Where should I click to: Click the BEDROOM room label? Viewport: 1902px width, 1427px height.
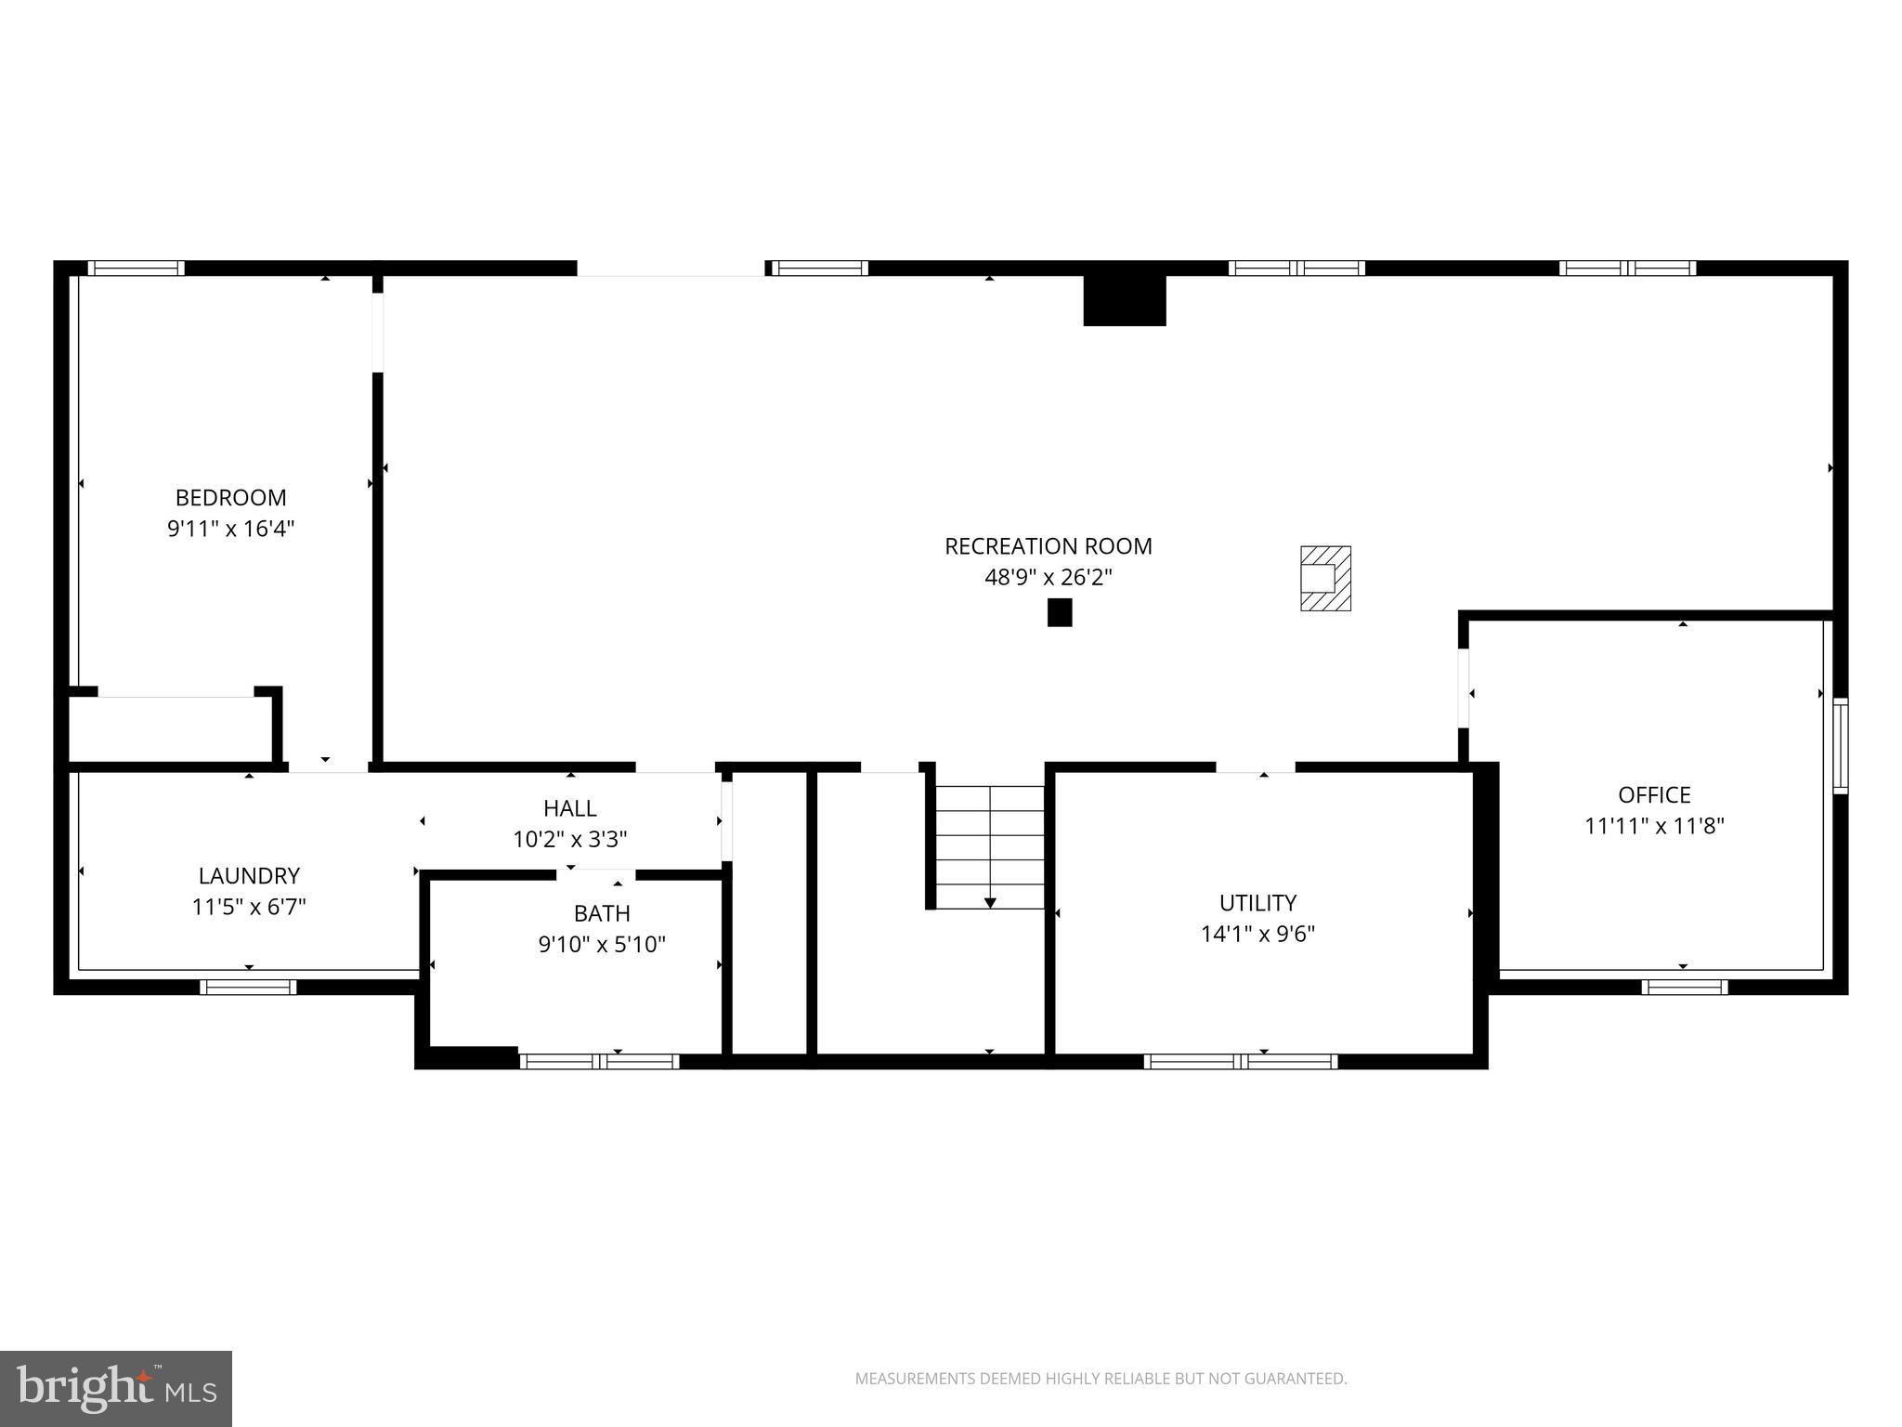point(230,498)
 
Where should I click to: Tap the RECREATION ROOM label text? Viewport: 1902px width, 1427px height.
point(1048,546)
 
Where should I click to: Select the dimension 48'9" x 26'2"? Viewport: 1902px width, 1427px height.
point(1048,578)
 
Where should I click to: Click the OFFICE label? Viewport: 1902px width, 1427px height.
point(1654,795)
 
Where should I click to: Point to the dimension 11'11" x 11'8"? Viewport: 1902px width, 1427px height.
point(1654,826)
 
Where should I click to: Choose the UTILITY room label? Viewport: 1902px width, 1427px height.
point(1257,903)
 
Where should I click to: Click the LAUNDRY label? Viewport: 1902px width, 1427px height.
point(249,876)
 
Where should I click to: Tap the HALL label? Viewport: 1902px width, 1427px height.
point(569,808)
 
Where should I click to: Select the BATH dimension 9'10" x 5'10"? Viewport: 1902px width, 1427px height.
point(602,945)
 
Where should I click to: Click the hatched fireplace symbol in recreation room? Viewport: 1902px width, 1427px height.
point(1325,579)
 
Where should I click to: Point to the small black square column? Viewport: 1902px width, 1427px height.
point(1060,613)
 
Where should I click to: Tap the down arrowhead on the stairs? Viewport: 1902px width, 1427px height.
point(990,903)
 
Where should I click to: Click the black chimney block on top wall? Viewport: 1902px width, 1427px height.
point(1124,301)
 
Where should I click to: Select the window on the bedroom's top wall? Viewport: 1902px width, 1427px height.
point(137,268)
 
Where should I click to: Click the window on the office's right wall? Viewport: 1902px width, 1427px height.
point(1840,745)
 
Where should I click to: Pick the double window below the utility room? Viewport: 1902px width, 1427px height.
point(1241,1062)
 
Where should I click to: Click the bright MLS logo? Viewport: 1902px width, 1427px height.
point(115,1388)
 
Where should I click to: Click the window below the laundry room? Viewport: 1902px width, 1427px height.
point(248,988)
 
